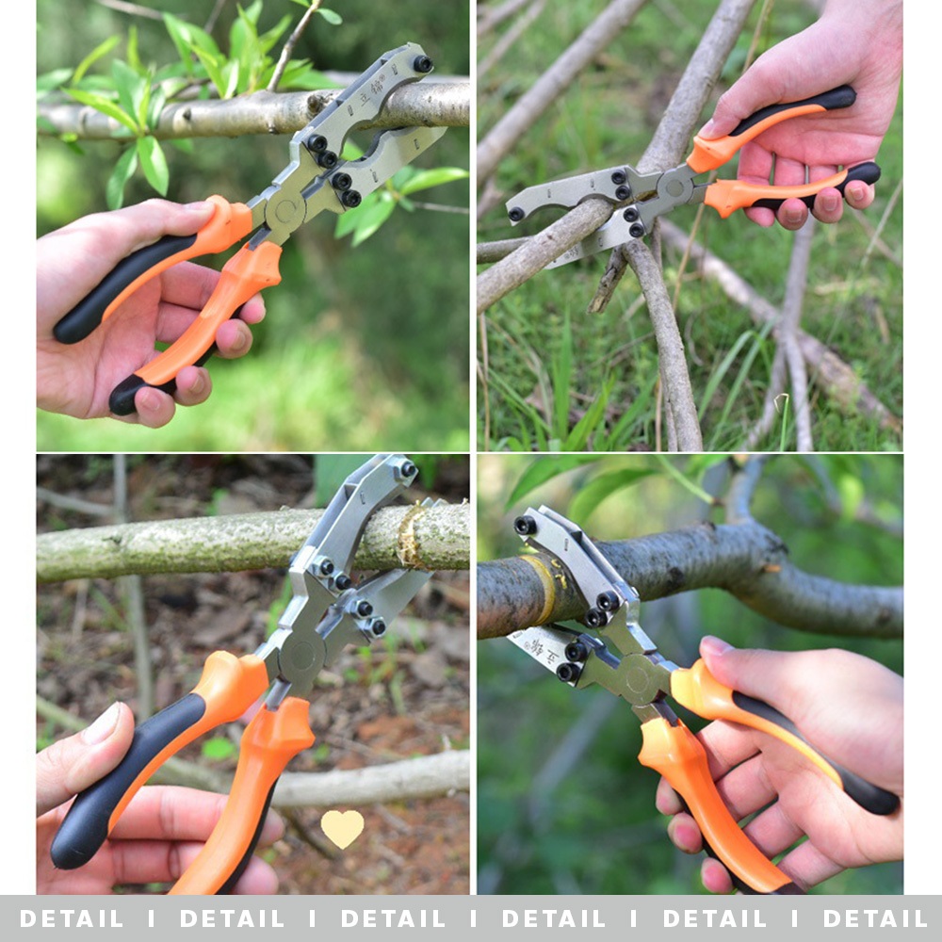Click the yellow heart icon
coord(342,828)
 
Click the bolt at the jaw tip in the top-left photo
coord(423,64)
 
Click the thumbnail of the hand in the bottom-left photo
coord(103,724)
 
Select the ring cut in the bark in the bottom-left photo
coord(410,535)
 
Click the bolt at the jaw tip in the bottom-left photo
coord(408,469)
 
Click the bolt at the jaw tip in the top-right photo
coord(515,214)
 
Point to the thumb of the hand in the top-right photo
coord(744,113)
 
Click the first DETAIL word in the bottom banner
coord(71,918)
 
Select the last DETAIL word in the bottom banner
coord(874,918)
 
